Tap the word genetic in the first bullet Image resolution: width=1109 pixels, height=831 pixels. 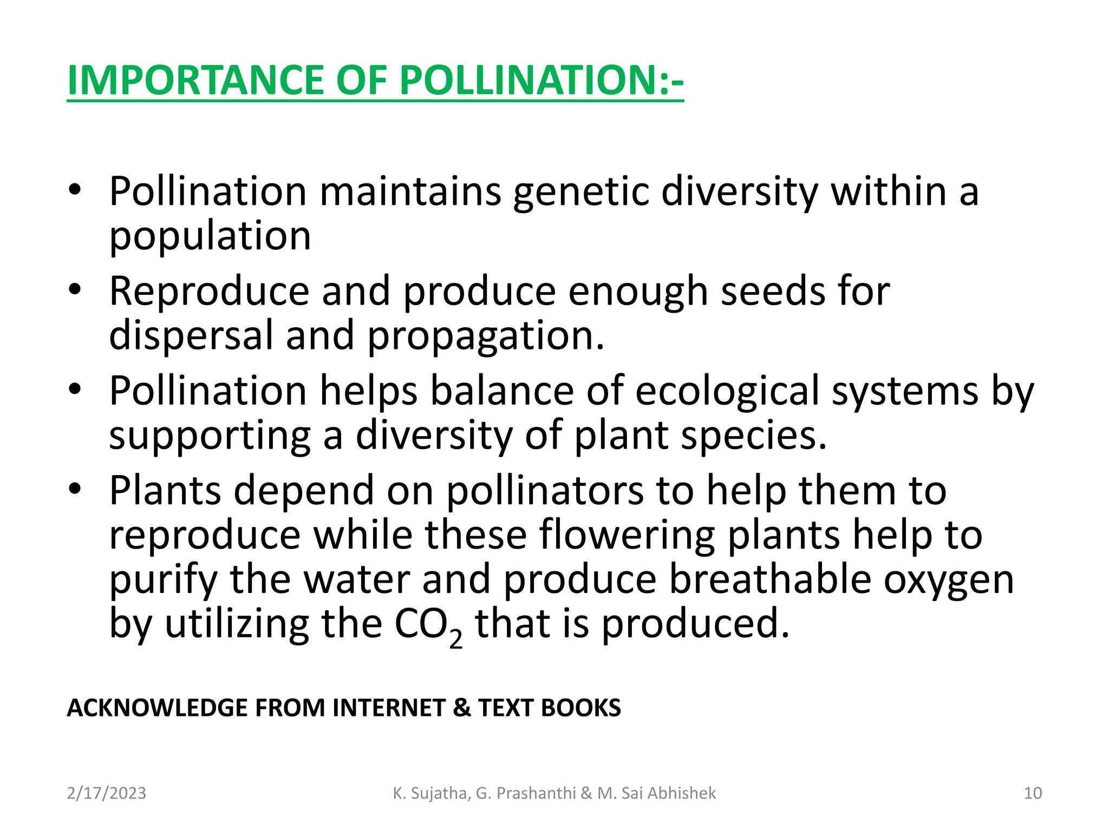pos(580,193)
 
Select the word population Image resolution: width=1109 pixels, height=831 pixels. pos(210,237)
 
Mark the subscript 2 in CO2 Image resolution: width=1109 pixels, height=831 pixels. pos(456,639)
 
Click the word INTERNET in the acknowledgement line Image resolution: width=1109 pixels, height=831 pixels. pos(388,708)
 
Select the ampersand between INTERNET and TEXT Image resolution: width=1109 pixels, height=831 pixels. pos(462,708)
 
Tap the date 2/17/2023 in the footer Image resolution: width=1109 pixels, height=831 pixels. pos(106,793)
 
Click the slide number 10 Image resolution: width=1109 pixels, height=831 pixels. pos(1033,793)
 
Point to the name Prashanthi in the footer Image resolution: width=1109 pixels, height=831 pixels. pos(536,793)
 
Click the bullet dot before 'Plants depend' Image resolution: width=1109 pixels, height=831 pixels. pos(75,489)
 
